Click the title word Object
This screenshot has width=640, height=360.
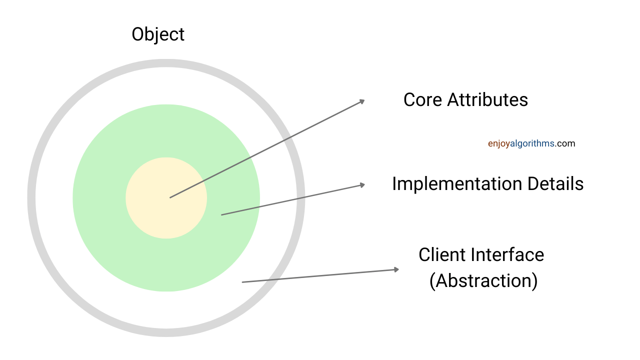tap(158, 35)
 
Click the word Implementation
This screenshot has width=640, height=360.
tap(457, 183)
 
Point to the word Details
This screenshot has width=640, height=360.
tap(555, 183)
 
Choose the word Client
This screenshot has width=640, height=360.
tap(441, 254)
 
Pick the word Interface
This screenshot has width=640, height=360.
tap(507, 254)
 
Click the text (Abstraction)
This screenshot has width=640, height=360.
tap(483, 281)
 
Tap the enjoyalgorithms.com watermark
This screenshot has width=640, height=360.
tap(531, 143)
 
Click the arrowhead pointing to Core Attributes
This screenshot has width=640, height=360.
tap(362, 101)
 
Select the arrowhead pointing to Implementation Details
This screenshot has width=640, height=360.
tap(362, 185)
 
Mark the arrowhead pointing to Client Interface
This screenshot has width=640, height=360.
tap(396, 269)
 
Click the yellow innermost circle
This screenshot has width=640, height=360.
tap(166, 198)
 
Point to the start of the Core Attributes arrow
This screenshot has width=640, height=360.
tap(170, 197)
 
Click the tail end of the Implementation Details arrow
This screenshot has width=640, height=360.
tap(221, 215)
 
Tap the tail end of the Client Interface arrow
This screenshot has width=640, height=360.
tap(242, 282)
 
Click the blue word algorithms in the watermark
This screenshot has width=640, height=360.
tap(532, 143)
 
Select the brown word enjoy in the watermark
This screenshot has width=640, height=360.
tap(499, 144)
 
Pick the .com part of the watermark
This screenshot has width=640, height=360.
tap(565, 143)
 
